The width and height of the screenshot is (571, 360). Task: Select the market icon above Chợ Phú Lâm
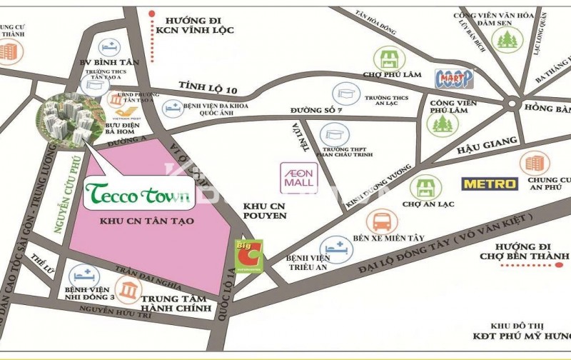pyautogui.click(x=390, y=57)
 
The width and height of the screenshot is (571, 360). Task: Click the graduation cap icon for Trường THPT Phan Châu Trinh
pyautogui.click(x=334, y=134)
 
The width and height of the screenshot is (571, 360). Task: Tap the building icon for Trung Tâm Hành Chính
pyautogui.click(x=129, y=289)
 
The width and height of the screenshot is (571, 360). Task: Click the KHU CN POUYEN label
pyautogui.click(x=264, y=209)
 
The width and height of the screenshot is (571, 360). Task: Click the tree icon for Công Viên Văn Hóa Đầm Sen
pyautogui.click(x=506, y=40)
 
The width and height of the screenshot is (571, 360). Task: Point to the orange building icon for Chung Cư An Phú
pyautogui.click(x=535, y=164)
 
